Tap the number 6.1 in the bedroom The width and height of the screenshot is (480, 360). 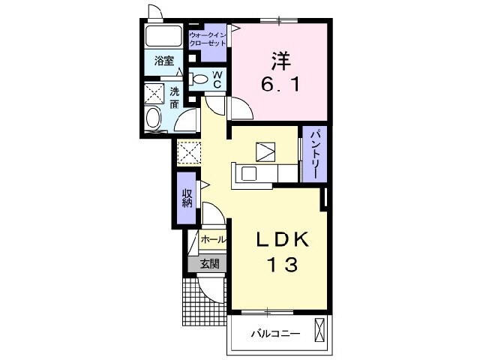tap(280, 84)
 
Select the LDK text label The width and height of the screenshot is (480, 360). tap(282, 240)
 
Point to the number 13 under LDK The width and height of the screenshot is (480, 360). tap(282, 264)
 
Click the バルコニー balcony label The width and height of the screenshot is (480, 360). tap(275, 334)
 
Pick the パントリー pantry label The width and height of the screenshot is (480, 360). tap(316, 154)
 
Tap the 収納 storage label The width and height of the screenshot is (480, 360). tap(187, 198)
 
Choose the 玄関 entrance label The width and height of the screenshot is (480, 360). tap(210, 263)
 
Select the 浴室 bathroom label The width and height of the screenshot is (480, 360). tap(164, 61)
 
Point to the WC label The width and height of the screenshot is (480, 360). tap(217, 79)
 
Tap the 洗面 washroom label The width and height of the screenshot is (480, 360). tap(175, 98)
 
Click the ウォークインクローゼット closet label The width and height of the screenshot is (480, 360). tap(207, 38)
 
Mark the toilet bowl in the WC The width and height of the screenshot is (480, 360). tap(199, 79)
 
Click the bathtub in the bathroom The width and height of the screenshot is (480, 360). tap(163, 36)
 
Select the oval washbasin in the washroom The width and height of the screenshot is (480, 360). tap(153, 118)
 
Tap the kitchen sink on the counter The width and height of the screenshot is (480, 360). tap(248, 174)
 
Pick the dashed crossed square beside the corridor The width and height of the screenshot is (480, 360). tap(188, 153)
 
